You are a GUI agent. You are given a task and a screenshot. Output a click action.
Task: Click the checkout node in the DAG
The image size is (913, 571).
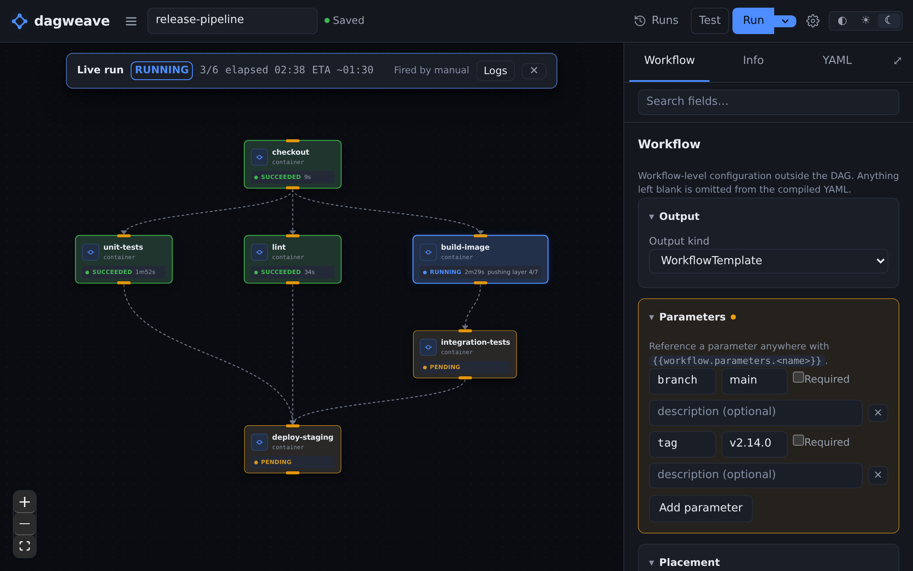(x=293, y=164)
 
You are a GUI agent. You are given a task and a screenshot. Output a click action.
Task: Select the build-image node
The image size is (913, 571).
(x=480, y=259)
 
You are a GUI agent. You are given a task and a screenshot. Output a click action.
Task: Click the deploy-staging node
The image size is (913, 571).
(x=293, y=449)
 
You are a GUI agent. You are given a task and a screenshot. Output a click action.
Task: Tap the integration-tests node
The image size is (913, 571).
(x=465, y=354)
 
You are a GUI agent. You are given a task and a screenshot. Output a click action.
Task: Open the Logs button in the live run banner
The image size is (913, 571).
(x=495, y=71)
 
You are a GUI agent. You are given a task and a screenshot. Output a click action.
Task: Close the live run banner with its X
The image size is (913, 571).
(x=534, y=70)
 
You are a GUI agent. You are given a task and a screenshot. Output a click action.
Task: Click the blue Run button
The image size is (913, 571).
(x=753, y=20)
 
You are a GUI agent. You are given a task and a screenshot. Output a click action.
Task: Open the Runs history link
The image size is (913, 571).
(x=656, y=20)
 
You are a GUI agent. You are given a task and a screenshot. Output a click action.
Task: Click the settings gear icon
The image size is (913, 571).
(x=813, y=20)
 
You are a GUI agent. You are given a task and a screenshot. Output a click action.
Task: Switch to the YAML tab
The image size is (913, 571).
(x=837, y=61)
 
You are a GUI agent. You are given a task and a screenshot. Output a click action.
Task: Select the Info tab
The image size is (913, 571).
(x=753, y=61)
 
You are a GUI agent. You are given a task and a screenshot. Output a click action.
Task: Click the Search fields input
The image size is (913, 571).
(x=768, y=102)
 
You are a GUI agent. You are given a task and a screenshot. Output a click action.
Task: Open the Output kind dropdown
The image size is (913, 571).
(x=768, y=261)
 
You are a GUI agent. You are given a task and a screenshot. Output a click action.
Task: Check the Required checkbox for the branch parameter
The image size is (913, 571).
(x=798, y=378)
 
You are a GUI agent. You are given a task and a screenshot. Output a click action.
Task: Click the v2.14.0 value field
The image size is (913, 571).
(x=754, y=443)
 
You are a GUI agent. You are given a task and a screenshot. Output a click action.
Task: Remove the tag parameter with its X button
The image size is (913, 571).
(x=878, y=475)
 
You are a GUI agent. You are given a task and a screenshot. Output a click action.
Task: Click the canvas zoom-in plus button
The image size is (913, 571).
(x=25, y=502)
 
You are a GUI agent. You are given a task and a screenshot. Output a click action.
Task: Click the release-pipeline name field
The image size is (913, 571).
(x=232, y=20)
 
